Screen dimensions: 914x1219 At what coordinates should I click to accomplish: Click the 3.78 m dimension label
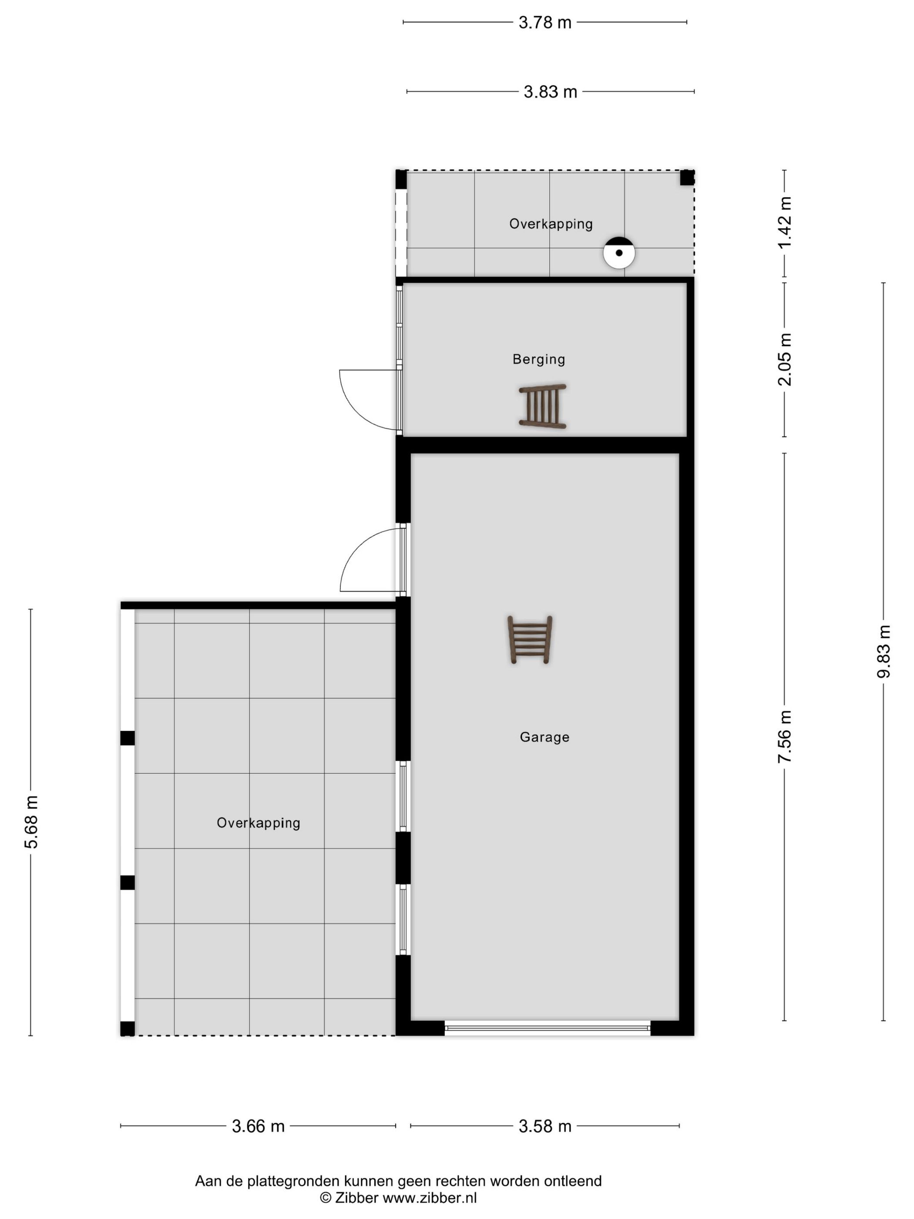coord(544,23)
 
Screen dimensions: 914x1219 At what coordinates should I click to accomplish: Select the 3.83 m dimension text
coord(550,91)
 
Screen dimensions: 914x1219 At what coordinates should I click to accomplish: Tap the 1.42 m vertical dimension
coord(785,222)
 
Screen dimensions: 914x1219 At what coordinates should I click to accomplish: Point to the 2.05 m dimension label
coord(785,359)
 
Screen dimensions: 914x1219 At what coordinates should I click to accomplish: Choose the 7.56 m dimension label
coord(785,737)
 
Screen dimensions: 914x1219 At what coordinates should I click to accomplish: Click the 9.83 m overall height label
coord(883,651)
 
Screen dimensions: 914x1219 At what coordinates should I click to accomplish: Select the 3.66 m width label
coord(258,1126)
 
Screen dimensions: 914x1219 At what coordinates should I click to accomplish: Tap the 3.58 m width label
coord(544,1126)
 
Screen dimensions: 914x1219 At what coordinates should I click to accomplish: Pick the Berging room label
coord(539,359)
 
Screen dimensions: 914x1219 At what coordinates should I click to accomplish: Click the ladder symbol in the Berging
coord(543,406)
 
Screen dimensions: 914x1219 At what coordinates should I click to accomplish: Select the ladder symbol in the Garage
coord(529,640)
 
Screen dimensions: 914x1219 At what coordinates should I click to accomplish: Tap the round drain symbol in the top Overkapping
coord(619,253)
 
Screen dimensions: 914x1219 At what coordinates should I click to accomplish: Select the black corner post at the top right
coord(687,178)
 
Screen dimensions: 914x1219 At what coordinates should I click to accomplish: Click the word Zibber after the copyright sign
coord(357,1198)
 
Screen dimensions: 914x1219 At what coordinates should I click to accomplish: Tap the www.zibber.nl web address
coord(430,1198)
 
